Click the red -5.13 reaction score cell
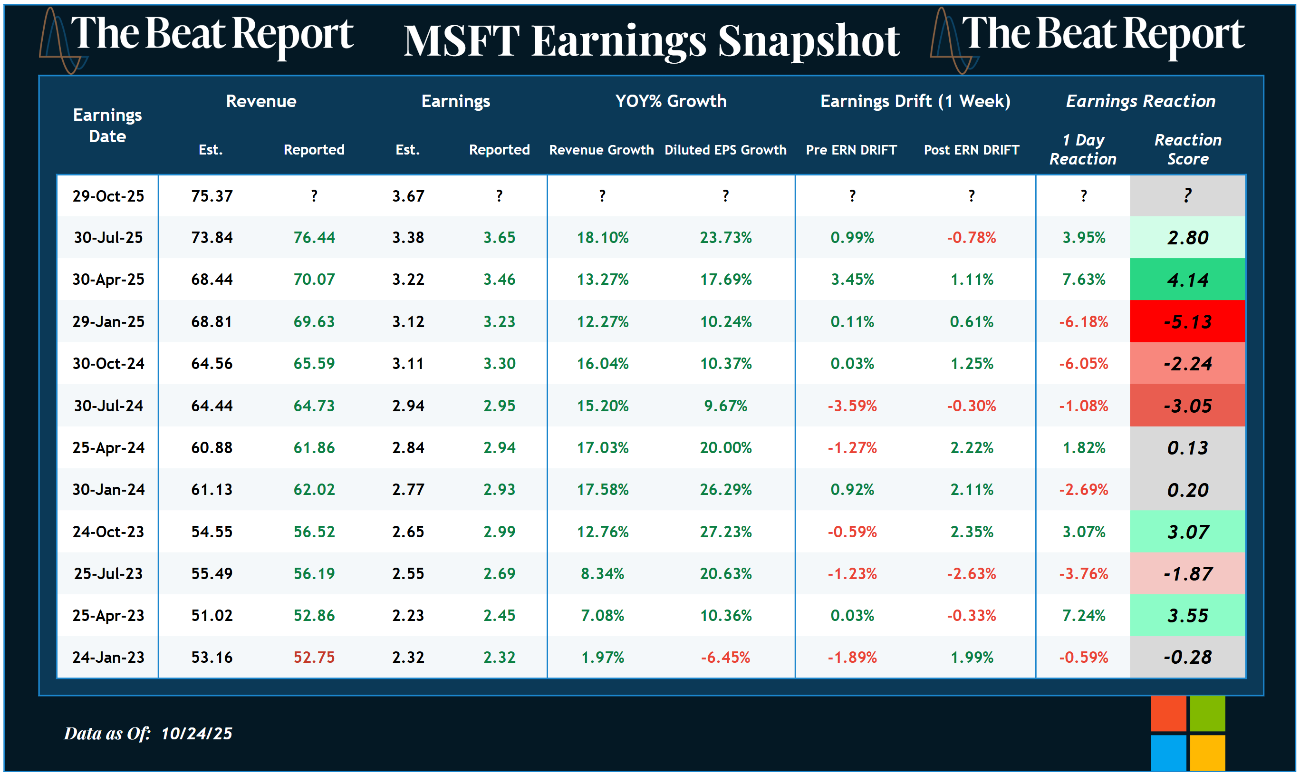[1187, 322]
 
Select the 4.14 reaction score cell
[1187, 280]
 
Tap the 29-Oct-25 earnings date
[108, 196]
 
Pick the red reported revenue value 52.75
[314, 657]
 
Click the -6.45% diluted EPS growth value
[725, 657]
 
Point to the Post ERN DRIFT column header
[971, 150]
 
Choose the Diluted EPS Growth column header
[725, 150]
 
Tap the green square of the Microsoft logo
[1207, 713]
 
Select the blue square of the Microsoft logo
[1168, 753]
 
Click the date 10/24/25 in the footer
[196, 734]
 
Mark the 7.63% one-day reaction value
[1084, 280]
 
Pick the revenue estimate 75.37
[212, 196]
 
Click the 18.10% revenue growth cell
[603, 238]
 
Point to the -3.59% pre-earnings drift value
[852, 406]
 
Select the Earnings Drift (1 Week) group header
[915, 101]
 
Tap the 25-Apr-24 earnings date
[108, 447]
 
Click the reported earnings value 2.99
[499, 532]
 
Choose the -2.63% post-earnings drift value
[971, 573]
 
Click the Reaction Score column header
[1187, 149]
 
